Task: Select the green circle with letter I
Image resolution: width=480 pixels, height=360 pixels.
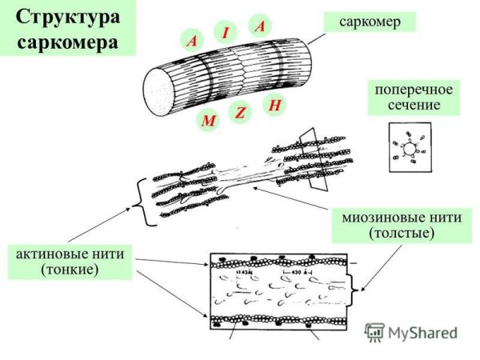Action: pyautogui.click(x=226, y=33)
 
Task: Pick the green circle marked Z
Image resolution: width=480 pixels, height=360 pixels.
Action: pyautogui.click(x=239, y=113)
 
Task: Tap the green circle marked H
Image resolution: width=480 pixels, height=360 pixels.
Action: pyautogui.click(x=274, y=105)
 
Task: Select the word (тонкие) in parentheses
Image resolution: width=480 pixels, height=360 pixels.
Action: pyautogui.click(x=69, y=270)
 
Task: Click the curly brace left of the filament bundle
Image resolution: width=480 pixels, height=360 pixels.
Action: pyautogui.click(x=142, y=199)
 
